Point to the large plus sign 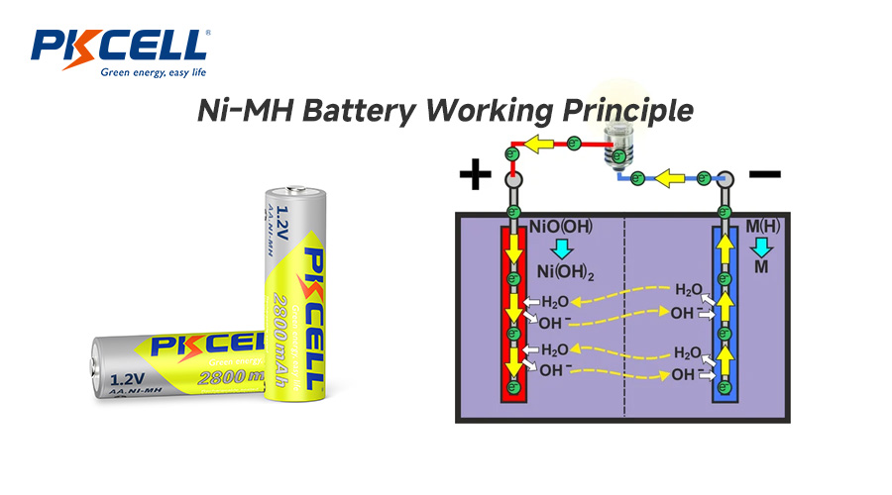tap(476, 176)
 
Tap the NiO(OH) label tap(563, 227)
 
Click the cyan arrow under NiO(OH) tap(563, 248)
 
